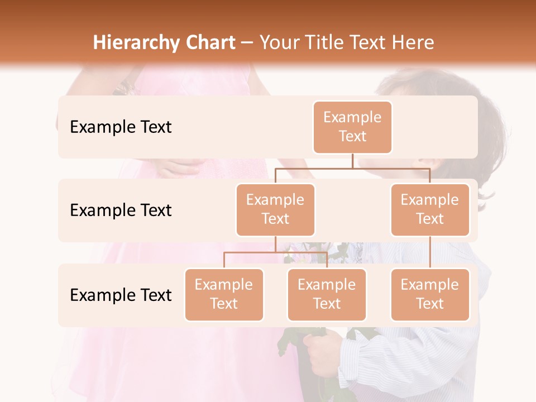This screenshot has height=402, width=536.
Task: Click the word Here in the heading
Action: [x=413, y=42]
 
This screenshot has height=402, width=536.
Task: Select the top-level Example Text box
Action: [x=352, y=127]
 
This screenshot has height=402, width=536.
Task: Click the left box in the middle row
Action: [x=275, y=210]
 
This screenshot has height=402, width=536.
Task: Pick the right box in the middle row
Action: [x=430, y=210]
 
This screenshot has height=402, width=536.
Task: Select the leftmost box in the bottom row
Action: [x=224, y=295]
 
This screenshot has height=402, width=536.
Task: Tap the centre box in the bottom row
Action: [x=327, y=295]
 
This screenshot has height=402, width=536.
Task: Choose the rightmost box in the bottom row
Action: [x=430, y=295]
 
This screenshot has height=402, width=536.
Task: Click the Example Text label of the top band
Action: [x=121, y=127]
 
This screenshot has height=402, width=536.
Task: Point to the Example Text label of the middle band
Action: [x=121, y=210]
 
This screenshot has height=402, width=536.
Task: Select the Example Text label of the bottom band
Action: [x=121, y=295]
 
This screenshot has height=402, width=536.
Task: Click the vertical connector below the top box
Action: [x=352, y=161]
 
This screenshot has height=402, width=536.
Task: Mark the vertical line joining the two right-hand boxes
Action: [x=430, y=252]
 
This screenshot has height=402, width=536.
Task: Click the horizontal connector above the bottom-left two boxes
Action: [x=251, y=252]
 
